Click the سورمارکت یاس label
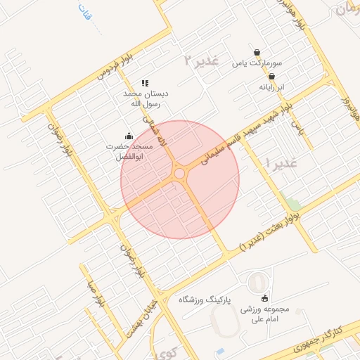(252, 64)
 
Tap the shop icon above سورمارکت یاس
(257, 52)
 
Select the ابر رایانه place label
(271, 88)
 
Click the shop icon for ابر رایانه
(271, 77)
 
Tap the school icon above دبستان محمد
(145, 83)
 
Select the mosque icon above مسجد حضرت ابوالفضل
(128, 136)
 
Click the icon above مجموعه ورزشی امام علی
(264, 297)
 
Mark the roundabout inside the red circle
(179, 173)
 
